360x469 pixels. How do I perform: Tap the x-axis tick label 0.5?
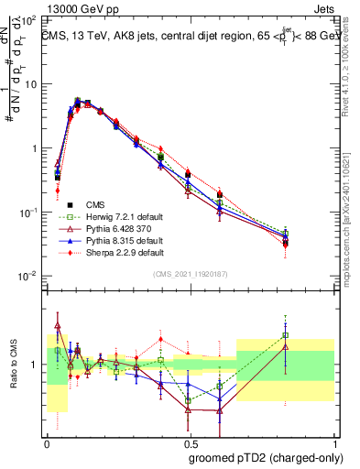pyautogui.click(x=191, y=442)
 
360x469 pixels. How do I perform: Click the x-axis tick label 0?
pyautogui.click(x=47, y=442)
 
